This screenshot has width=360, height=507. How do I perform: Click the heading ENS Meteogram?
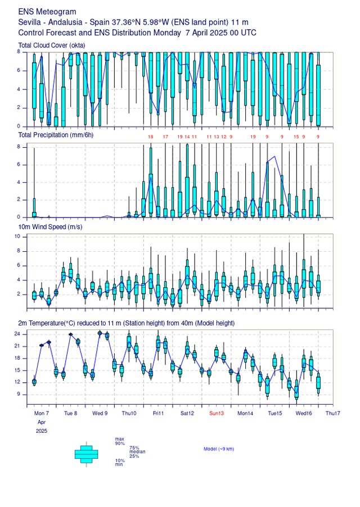pyautogui.click(x=47, y=11)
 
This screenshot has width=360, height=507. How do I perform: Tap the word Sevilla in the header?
pyautogui.click(x=30, y=22)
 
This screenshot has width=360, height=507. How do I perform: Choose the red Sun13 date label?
pyautogui.click(x=217, y=413)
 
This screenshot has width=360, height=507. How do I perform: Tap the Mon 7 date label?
pyautogui.click(x=41, y=413)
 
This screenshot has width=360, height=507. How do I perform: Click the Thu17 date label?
pyautogui.click(x=332, y=413)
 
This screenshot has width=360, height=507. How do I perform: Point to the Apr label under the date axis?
pyautogui.click(x=41, y=422)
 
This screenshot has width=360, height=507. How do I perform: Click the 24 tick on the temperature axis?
pyautogui.click(x=17, y=334)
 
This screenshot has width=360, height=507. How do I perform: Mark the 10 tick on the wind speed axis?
pyautogui.click(x=17, y=237)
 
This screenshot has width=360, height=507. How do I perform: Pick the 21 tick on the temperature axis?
pyautogui.click(x=17, y=346)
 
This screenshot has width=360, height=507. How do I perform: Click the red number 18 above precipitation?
pyautogui.click(x=150, y=137)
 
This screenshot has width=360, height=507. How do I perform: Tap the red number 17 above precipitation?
pyautogui.click(x=165, y=137)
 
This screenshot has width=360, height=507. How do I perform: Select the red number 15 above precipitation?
pyautogui.click(x=296, y=137)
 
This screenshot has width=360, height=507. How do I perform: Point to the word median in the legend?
pyautogui.click(x=138, y=451)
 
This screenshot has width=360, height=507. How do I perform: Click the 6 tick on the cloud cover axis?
pyautogui.click(x=19, y=70)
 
